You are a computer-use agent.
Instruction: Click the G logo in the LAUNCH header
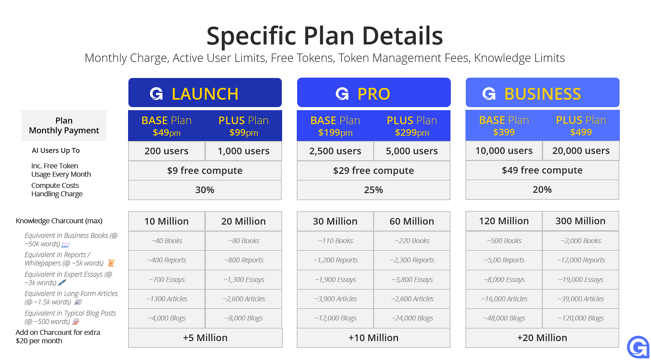pos(156,94)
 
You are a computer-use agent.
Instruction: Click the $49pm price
pos(167,133)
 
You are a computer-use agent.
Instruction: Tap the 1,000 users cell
pos(244,151)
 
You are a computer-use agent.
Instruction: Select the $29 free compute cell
pos(373,170)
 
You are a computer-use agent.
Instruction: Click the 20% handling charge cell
pos(542,190)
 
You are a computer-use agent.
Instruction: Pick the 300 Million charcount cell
pos(581,221)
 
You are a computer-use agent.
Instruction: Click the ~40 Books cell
pos(167,241)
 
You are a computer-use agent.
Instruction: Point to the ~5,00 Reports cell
pos(504,260)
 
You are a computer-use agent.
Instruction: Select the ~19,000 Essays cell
pos(581,280)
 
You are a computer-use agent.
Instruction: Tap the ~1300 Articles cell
pos(167,299)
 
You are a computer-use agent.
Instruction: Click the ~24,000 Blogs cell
pos(412,318)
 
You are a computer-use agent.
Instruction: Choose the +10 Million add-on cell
pos(373,338)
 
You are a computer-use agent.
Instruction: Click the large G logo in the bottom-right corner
pos(638,347)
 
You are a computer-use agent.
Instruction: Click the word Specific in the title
pos(252,36)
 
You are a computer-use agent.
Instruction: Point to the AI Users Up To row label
pos(56,150)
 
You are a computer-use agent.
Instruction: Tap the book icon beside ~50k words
pos(65,244)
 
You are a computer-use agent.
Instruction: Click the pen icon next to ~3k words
pos(62,283)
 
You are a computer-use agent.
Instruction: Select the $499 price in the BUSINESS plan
pos(581,132)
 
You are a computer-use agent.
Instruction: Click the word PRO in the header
pos(374,94)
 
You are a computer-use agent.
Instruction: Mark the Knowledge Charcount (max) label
pos(59,221)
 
